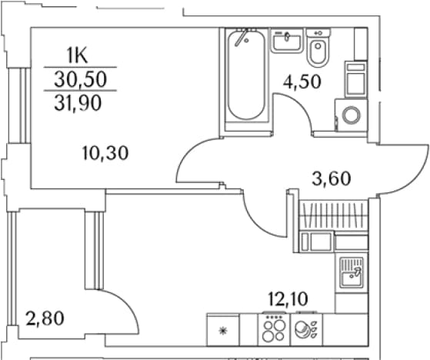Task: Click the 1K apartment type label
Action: tap(78, 55)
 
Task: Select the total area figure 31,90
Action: tap(78, 103)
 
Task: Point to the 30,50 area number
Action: tap(80, 79)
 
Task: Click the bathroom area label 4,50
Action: tap(302, 82)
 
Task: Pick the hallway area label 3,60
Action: tap(332, 178)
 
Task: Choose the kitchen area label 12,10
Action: tap(288, 298)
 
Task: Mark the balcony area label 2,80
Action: tap(45, 318)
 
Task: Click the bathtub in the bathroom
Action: tap(246, 75)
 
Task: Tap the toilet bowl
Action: tap(318, 48)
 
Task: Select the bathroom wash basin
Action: tap(287, 40)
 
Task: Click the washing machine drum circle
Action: tap(352, 115)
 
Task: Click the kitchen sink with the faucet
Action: tap(352, 272)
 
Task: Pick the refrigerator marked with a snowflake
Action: tap(223, 330)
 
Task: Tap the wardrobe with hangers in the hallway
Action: tap(334, 215)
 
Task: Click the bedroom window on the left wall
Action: tap(20, 105)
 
